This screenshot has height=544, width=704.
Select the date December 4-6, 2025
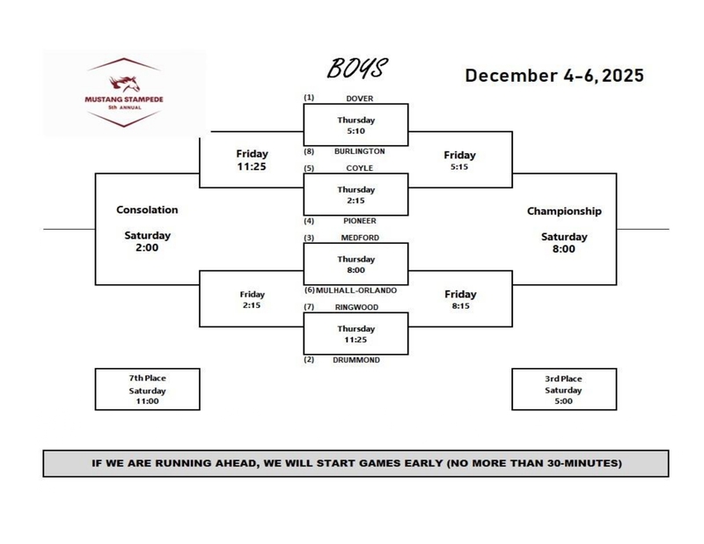coord(554,76)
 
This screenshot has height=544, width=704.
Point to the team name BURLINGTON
coord(358,151)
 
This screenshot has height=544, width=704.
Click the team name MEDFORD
coord(358,237)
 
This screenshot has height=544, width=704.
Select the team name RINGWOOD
coord(357,306)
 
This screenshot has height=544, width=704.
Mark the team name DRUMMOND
coord(357,360)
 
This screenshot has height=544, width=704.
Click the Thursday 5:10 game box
coord(356,125)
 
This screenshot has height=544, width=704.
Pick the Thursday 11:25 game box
coord(356,334)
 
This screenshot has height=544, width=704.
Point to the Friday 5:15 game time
coord(460,160)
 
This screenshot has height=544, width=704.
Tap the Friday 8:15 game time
coord(460,299)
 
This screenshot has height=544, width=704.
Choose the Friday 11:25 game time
coord(251,160)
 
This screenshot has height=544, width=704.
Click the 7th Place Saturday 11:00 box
coord(148,389)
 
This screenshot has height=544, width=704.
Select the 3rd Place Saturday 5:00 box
coord(563,389)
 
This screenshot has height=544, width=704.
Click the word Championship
coord(564,211)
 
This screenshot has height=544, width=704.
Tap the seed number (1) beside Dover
coord(309,98)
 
